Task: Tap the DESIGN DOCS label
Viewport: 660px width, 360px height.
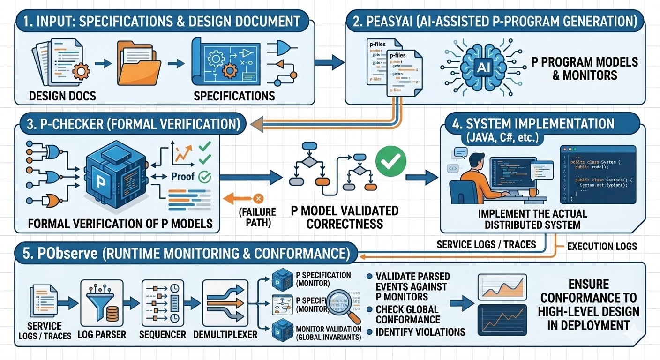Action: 62,96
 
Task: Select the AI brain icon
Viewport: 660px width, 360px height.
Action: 482,67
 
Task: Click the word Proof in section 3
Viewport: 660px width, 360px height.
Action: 183,177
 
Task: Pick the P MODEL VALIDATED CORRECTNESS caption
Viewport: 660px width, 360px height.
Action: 345,217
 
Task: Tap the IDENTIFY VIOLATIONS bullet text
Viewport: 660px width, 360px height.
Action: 420,332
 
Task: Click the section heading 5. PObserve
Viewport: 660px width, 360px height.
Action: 183,254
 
